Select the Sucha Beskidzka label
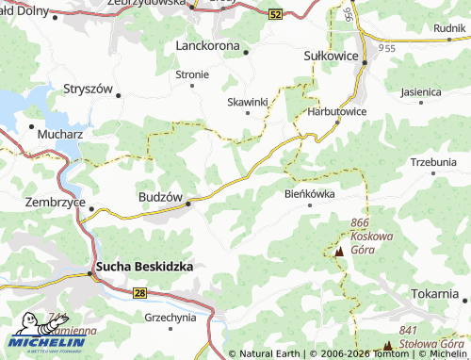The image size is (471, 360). coord(143,267)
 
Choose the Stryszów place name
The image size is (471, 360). coord(88,89)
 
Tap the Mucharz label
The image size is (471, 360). coord(60,135)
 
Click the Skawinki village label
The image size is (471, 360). coord(249,101)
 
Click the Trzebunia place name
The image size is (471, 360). coord(433,162)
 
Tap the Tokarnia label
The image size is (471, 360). coord(434,293)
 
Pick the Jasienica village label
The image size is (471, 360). coord(420,92)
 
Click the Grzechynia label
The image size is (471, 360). coord(171,318)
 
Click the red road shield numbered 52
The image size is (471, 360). coord(274,15)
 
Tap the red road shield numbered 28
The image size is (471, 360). coord(139,294)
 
